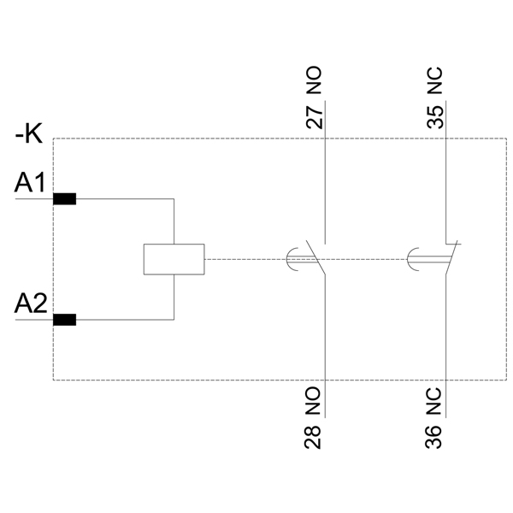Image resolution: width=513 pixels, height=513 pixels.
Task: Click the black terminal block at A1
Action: [64, 199]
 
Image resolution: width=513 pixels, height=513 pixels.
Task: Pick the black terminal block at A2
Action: [64, 320]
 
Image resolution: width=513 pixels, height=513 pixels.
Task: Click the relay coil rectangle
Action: [174, 259]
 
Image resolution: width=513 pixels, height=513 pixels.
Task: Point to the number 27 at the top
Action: [315, 117]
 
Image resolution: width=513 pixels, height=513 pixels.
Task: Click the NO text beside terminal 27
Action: [315, 85]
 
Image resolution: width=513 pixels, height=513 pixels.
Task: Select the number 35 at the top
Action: [435, 117]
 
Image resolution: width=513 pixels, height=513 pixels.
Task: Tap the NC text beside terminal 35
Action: [435, 85]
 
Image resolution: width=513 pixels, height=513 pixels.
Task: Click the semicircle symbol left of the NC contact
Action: [412, 259]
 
